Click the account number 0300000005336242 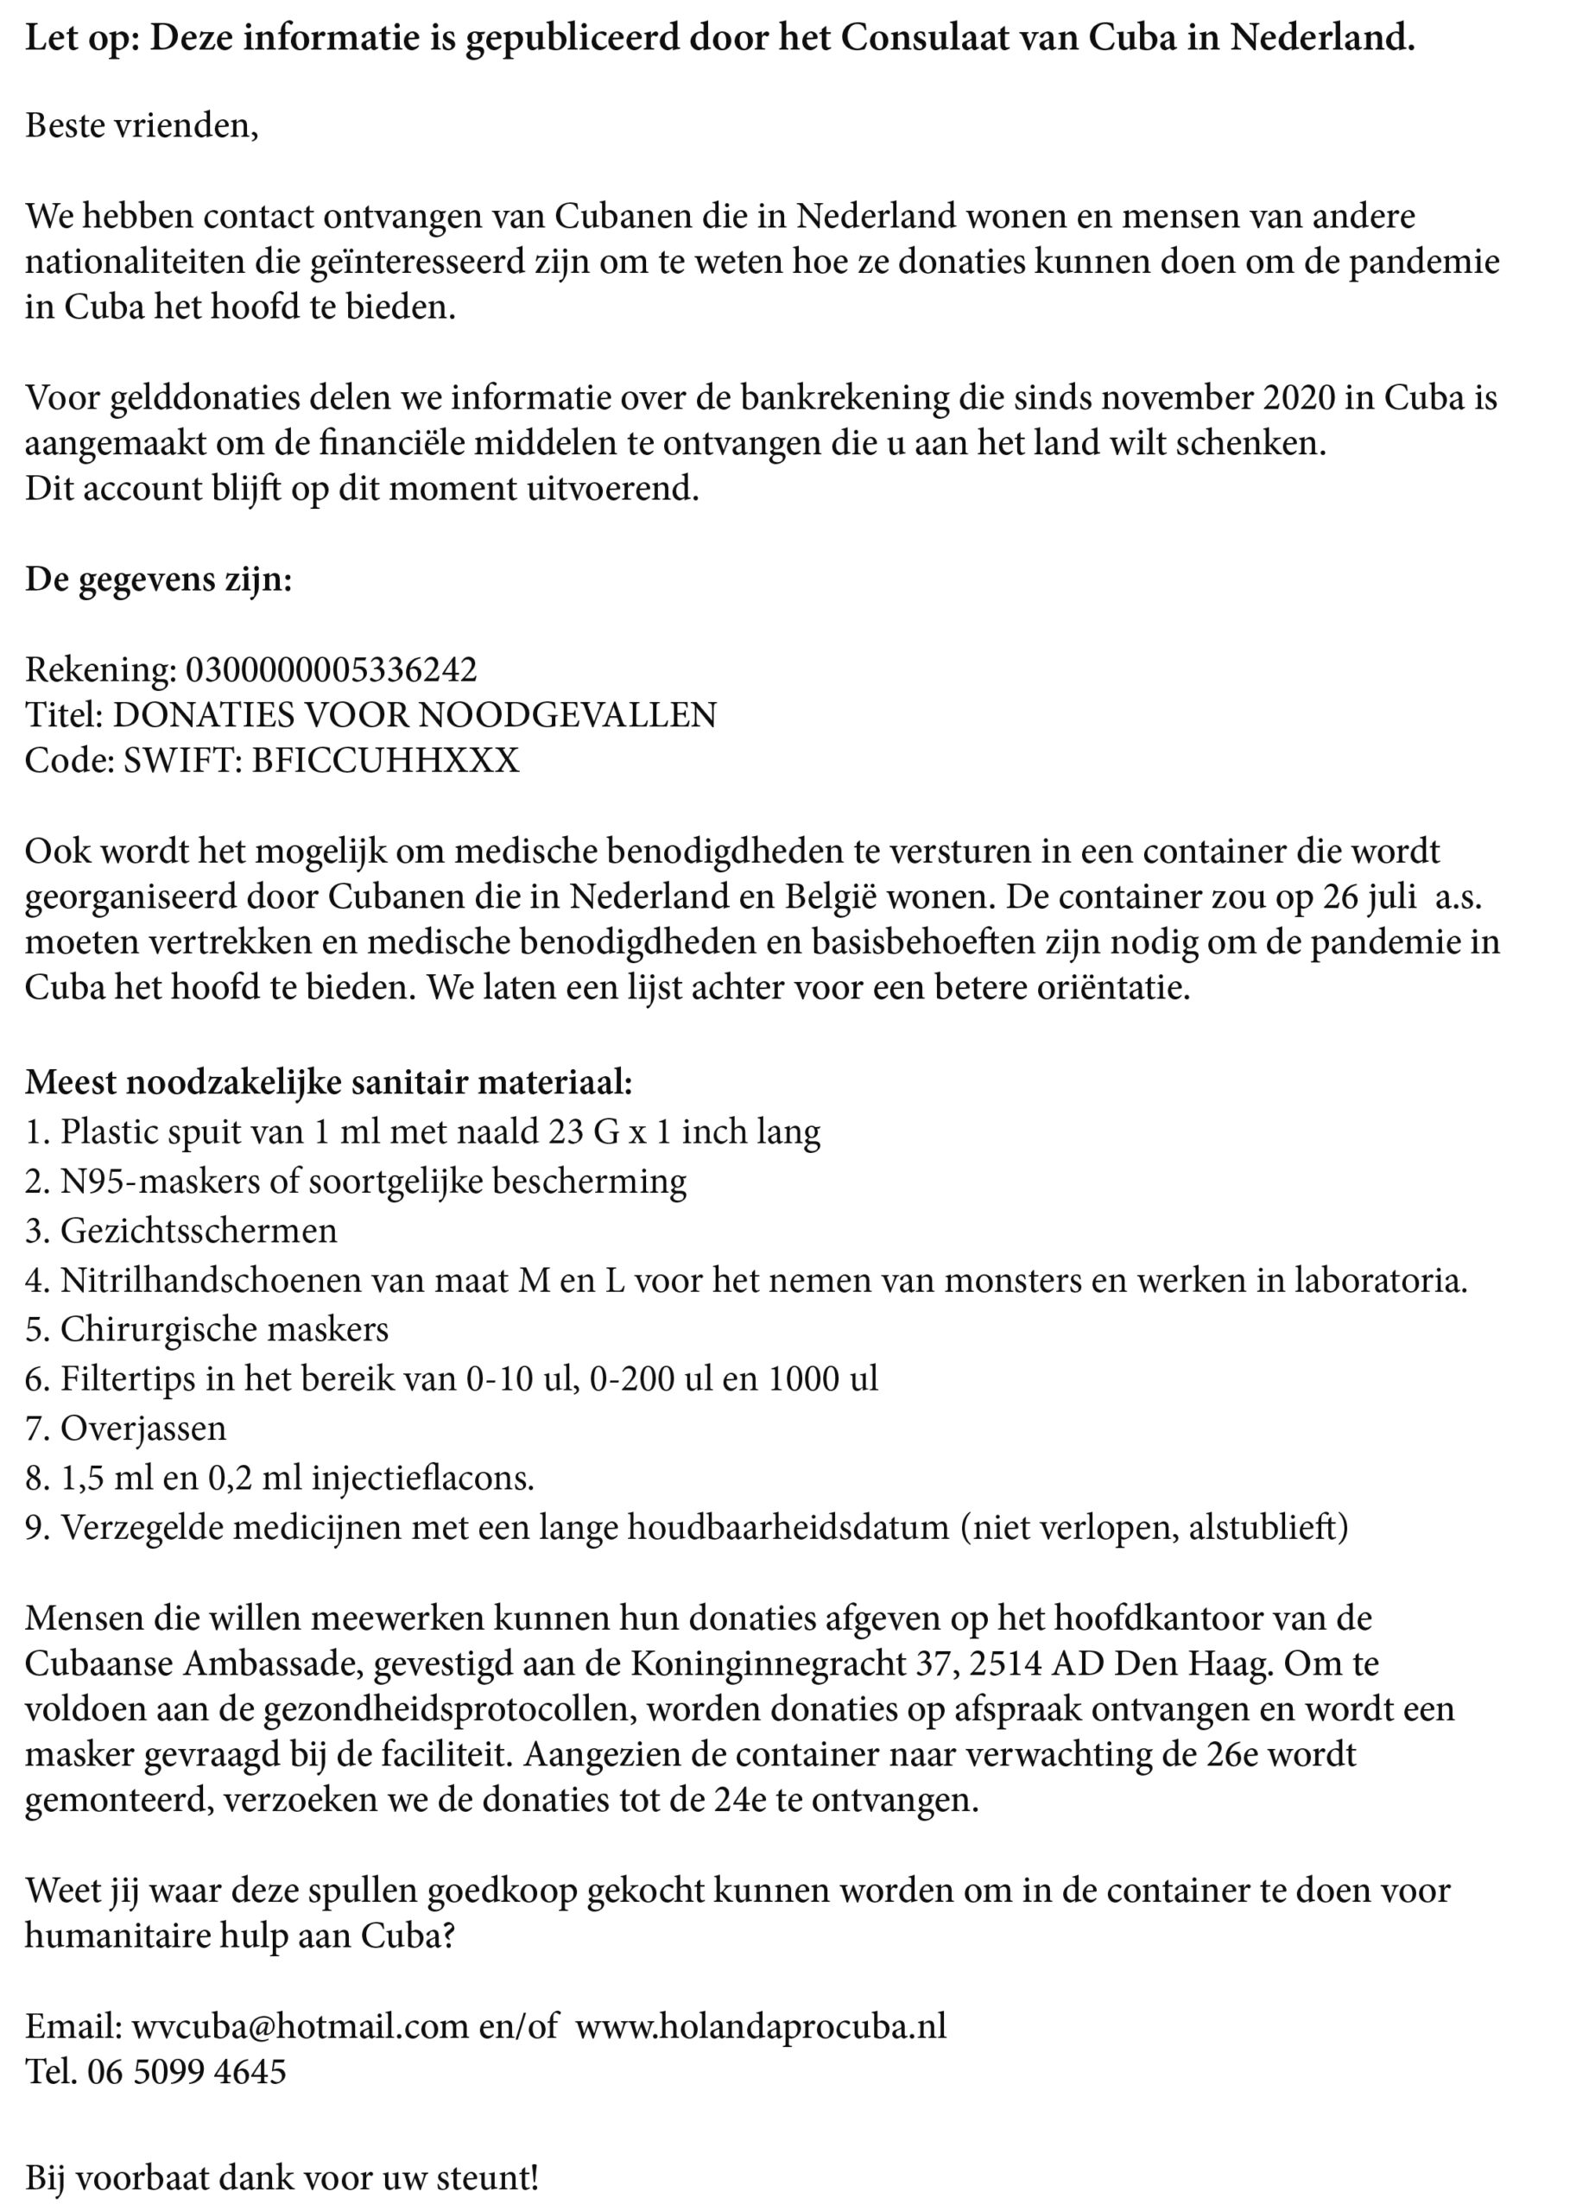pyautogui.click(x=331, y=669)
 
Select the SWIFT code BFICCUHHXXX pyautogui.click(x=385, y=760)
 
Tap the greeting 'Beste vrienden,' pyautogui.click(x=142, y=126)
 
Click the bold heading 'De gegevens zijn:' pyautogui.click(x=158, y=580)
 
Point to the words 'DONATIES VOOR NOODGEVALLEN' pyautogui.click(x=415, y=715)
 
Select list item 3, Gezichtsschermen pyautogui.click(x=180, y=1231)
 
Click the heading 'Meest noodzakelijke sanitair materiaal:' pyautogui.click(x=329, y=1081)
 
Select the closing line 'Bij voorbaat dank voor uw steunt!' pyautogui.click(x=282, y=2178)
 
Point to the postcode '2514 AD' pyautogui.click(x=1036, y=1663)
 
